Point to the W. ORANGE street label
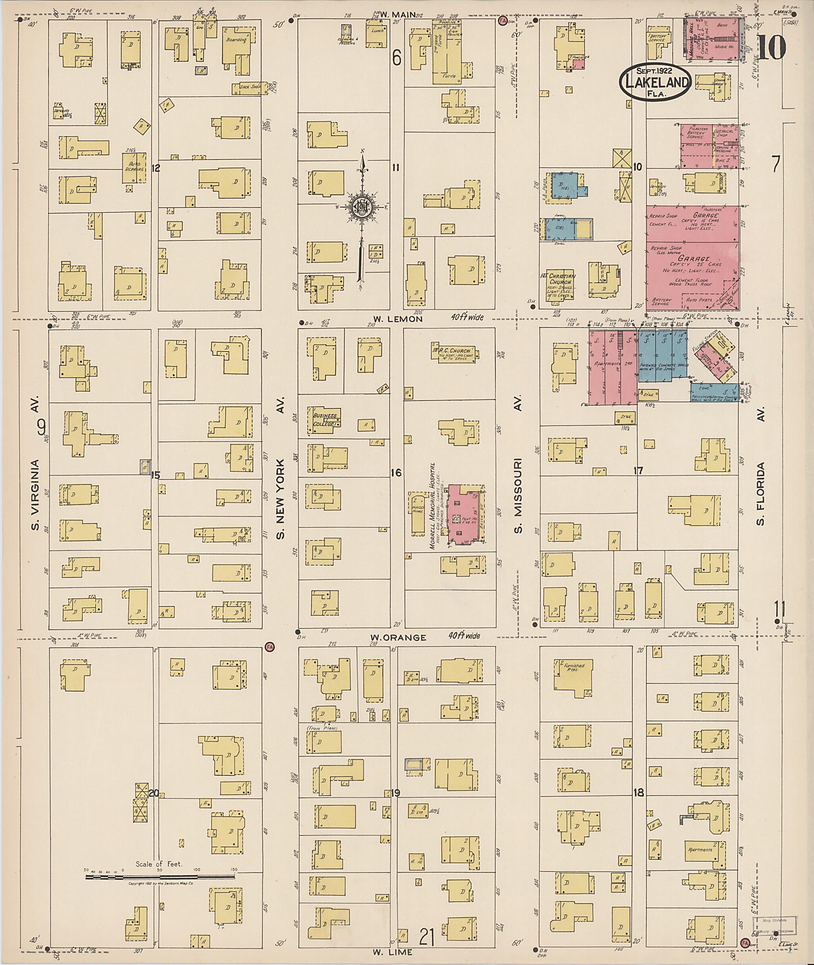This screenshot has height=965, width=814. pos(398,638)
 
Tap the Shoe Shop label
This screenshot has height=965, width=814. pos(250,86)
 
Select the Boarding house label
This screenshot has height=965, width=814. pos(236,41)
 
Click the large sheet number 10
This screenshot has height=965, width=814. pos(771,48)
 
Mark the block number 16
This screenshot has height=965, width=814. pos(396,473)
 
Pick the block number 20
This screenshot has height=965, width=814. pos(154,793)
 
